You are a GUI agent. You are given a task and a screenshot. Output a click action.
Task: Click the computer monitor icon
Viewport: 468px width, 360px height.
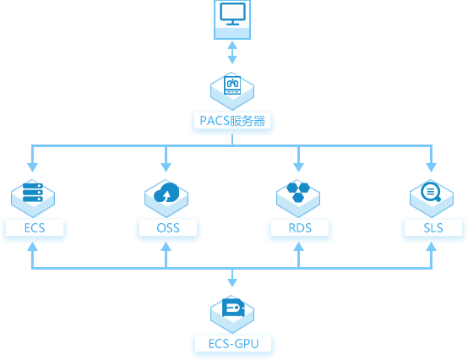[x=232, y=14]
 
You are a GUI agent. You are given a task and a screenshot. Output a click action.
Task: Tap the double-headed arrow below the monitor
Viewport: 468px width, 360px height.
[x=232, y=52]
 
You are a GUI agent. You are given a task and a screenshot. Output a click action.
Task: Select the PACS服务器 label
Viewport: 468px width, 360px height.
[x=232, y=121]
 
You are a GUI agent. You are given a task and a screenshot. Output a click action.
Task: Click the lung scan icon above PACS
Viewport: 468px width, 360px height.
[x=232, y=85]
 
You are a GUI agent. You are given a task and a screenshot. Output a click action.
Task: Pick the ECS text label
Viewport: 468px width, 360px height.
[x=35, y=228]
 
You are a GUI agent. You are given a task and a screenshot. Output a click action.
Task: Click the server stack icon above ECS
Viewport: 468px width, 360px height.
[x=33, y=193]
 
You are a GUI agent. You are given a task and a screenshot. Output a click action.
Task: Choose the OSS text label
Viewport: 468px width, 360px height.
[x=168, y=228]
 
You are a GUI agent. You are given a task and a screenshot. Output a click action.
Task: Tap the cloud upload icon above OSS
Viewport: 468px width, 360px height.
[x=166, y=193]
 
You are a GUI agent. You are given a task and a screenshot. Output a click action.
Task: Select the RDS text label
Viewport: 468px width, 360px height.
[x=300, y=228]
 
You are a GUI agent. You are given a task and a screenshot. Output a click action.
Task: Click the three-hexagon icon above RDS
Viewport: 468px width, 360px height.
[x=298, y=193]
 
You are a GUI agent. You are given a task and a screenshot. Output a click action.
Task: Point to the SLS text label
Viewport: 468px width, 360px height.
[x=433, y=228]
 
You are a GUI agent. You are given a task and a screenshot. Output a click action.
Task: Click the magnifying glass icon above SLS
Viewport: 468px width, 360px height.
[x=431, y=192]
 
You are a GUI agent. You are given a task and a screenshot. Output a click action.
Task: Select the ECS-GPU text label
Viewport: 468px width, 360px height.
[x=233, y=344]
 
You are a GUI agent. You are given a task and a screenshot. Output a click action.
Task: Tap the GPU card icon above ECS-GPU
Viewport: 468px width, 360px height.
[x=233, y=307]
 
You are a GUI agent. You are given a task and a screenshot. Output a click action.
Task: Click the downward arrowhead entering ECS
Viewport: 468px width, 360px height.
[x=33, y=167]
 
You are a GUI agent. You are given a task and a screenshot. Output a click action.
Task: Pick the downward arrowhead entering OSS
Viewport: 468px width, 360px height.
[x=166, y=167]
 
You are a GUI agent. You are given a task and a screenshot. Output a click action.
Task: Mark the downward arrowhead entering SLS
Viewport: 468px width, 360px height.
[x=432, y=167]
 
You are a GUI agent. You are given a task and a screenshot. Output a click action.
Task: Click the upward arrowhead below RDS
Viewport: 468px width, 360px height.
[x=298, y=247]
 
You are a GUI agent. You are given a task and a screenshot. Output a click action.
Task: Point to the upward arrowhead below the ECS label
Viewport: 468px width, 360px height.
[x=33, y=247]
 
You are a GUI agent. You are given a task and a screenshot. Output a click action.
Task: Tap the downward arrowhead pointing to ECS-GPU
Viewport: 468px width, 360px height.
[x=232, y=283]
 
